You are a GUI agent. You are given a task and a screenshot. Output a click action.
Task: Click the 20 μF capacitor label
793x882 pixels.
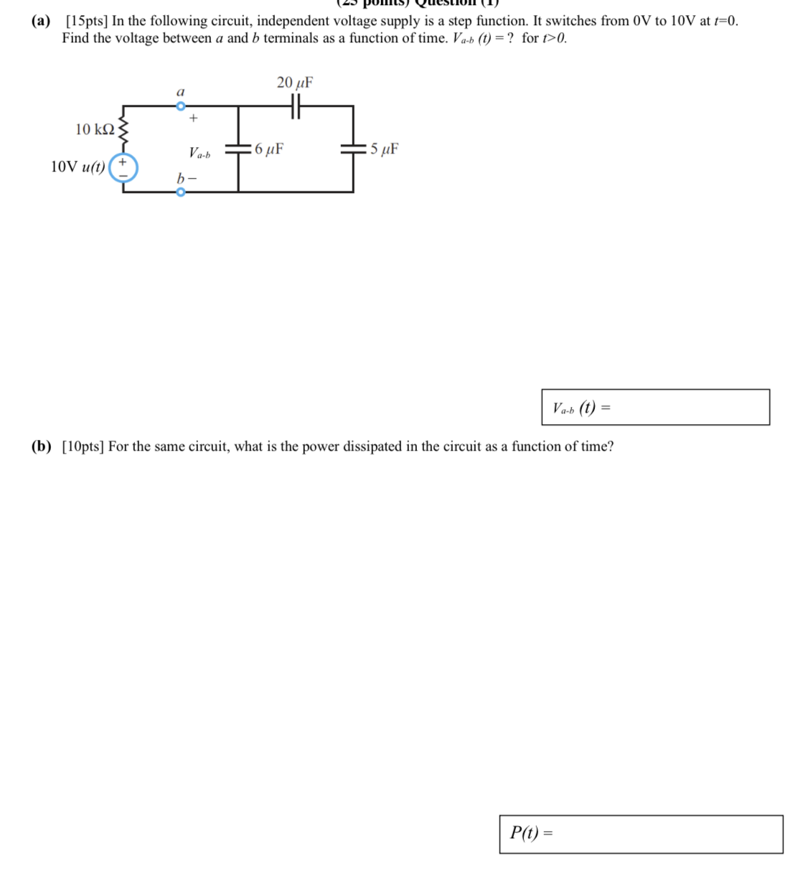click(x=294, y=83)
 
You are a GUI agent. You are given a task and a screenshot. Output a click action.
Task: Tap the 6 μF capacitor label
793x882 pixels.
click(x=268, y=149)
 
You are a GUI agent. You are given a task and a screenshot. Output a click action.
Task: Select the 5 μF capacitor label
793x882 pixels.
click(x=383, y=149)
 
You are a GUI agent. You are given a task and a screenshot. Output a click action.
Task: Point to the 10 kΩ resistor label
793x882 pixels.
click(x=95, y=129)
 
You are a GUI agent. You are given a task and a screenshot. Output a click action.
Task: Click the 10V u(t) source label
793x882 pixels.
click(x=78, y=167)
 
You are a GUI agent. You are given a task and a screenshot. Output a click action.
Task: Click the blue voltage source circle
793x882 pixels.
click(x=123, y=167)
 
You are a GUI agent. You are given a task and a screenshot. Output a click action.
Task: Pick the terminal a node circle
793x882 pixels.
click(x=181, y=106)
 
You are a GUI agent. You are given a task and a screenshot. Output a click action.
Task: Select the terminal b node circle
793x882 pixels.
click(x=181, y=192)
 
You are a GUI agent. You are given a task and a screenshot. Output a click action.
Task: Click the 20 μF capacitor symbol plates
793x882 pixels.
click(x=294, y=106)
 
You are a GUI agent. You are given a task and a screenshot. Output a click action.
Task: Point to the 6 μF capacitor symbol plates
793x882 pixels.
click(x=238, y=149)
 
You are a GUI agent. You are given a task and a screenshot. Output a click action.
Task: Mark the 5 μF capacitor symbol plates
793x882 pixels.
click(x=353, y=149)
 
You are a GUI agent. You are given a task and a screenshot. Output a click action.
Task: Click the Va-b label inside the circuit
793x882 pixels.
click(x=200, y=153)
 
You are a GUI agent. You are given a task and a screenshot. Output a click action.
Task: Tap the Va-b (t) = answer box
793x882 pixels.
click(x=655, y=408)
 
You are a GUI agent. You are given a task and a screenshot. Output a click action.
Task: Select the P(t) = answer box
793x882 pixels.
click(x=641, y=834)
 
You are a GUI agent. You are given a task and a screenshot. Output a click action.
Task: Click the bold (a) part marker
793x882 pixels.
click(x=42, y=21)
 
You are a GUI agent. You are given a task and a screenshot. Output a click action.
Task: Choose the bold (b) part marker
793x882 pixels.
click(x=42, y=446)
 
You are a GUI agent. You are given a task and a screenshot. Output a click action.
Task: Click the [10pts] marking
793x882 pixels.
click(x=83, y=446)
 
